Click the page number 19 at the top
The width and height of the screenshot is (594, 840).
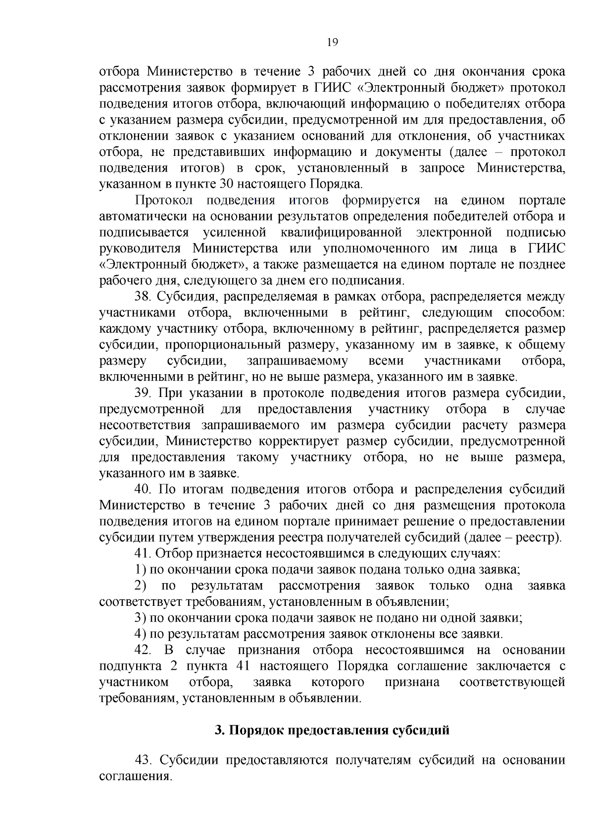click(332, 43)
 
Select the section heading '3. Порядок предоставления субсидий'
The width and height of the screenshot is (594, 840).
click(332, 730)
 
